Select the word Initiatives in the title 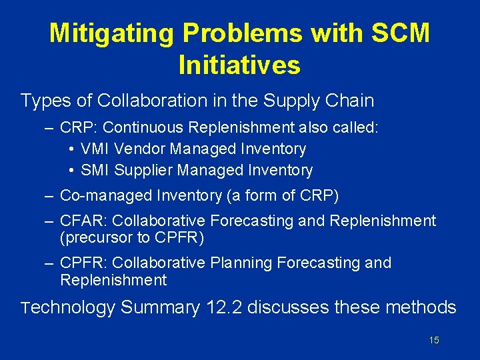(x=240, y=65)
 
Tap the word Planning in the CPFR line (x=234, y=263)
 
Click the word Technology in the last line (x=68, y=308)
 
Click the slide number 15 (x=434, y=341)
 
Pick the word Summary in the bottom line (x=160, y=308)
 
